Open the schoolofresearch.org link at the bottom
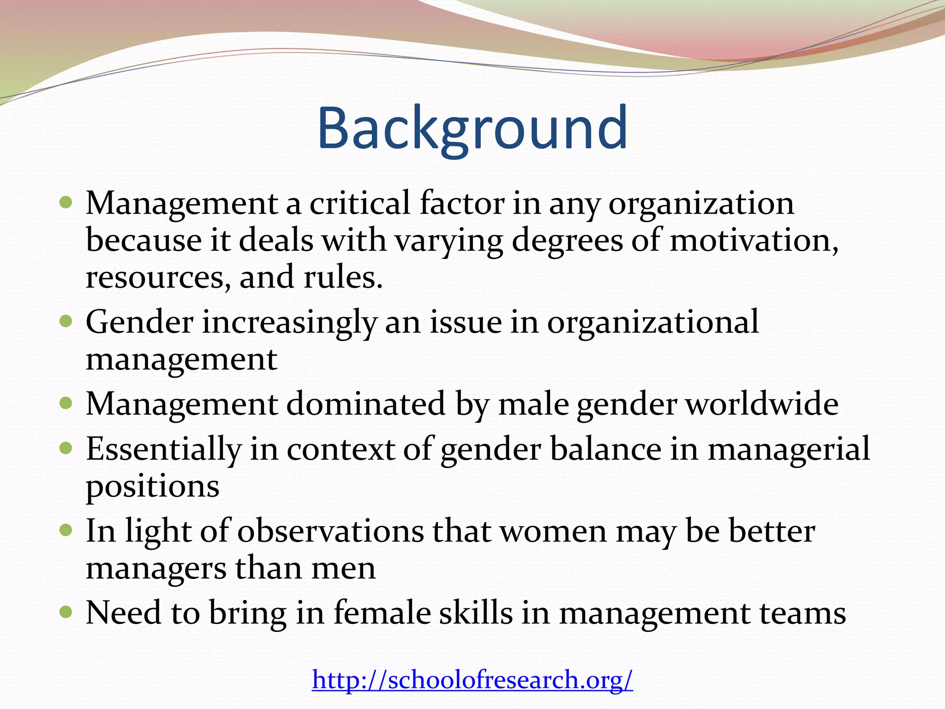click(472, 679)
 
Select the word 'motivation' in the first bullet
click(753, 241)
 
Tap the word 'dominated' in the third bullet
click(365, 404)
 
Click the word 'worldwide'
click(761, 404)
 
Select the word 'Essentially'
click(163, 449)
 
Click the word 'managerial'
click(788, 449)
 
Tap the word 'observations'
click(330, 531)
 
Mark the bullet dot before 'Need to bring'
click(66, 612)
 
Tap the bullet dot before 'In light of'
click(66, 530)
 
